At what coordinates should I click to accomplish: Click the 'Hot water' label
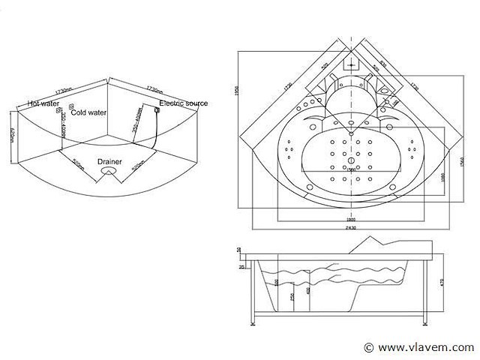point(43,103)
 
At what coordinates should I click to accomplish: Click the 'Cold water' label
point(88,112)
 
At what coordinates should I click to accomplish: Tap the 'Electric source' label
point(184,103)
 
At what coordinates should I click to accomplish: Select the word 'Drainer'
point(110,160)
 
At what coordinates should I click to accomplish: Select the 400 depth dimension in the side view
point(307,289)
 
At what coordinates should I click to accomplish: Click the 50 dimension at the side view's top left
point(239,250)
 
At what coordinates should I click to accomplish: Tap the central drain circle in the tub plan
point(349,162)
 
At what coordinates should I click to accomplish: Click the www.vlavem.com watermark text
point(424,347)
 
